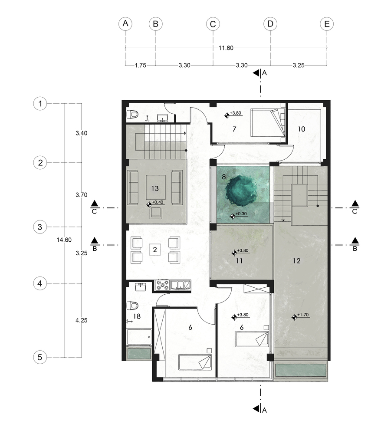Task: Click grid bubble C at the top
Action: pos(213,24)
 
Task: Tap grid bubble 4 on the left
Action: pos(40,284)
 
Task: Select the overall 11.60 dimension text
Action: pos(226,48)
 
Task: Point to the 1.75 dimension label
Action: pos(140,66)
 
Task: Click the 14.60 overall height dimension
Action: pos(64,240)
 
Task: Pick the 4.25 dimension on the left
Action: pos(81,320)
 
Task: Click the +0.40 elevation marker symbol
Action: pos(149,204)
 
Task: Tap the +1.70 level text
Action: pos(303,315)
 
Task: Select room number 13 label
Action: pos(155,188)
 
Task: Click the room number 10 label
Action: pos(301,129)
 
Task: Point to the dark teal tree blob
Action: pos(240,190)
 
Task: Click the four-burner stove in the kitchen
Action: pos(162,286)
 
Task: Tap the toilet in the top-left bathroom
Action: pos(132,115)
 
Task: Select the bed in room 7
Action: pos(268,123)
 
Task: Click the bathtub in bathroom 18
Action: pos(139,337)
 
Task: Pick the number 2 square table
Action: pos(154,250)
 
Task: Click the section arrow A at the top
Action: pos(257,73)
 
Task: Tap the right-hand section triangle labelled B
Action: pos(355,240)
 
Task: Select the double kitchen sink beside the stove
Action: pos(181,285)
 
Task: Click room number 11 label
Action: pos(240,261)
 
